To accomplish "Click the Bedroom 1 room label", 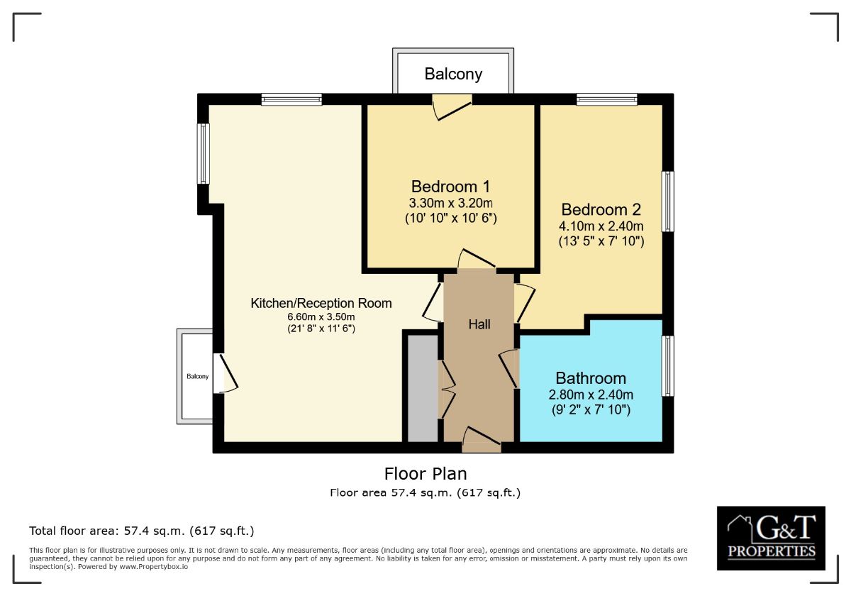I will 450,187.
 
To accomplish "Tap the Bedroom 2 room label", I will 601,210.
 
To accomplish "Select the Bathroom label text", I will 591,378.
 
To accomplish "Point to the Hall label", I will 479,324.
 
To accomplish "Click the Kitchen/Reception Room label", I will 321,304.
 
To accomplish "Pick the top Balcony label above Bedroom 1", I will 453,74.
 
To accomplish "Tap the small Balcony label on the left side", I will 198,377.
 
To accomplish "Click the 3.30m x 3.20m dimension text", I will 450,204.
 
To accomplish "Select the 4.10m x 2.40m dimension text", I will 601,226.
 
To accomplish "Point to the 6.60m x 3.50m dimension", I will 321,317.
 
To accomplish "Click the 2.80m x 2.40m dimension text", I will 591,395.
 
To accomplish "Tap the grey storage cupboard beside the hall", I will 423,387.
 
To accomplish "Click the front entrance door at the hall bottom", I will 482,440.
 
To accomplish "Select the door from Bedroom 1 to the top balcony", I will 452,108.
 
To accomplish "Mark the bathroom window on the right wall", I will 667,366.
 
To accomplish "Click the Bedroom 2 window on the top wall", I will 606,100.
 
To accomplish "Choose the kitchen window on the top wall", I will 291,100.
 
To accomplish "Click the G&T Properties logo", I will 771,538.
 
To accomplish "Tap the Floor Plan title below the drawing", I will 425,473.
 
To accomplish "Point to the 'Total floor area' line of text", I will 141,531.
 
